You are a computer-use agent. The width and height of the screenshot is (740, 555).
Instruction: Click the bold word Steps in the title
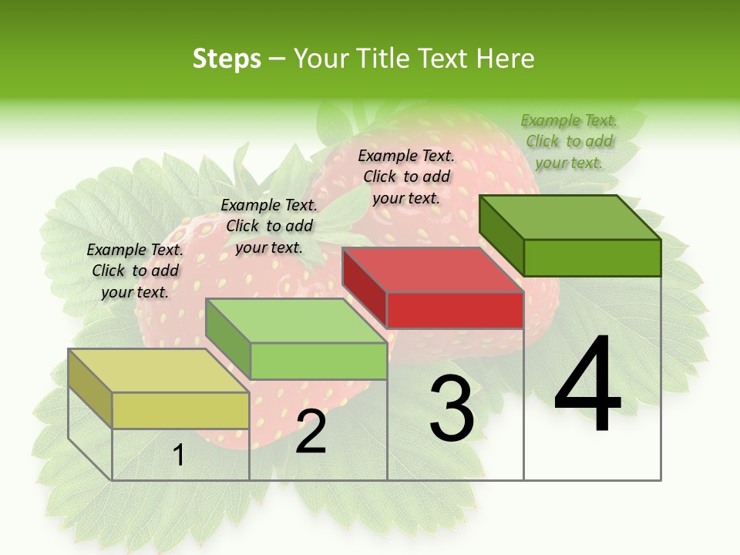point(226,59)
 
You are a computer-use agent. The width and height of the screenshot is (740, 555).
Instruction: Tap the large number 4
point(587,386)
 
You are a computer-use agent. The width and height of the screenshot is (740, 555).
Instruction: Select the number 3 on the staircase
point(451,409)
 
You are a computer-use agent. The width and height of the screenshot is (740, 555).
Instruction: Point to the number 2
point(311,432)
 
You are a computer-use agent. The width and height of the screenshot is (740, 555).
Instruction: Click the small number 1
point(178,455)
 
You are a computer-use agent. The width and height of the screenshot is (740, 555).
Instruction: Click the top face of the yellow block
point(158,370)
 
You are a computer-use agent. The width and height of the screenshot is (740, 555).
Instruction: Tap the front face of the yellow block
point(180,410)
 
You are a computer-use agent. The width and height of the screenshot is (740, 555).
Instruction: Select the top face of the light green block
point(296,320)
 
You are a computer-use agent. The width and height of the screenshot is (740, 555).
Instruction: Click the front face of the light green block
point(318,361)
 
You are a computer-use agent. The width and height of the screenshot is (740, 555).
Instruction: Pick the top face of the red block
point(433,270)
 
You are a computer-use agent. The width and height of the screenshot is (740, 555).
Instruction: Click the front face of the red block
point(455,310)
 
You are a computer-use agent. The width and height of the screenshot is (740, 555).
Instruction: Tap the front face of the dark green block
point(592,257)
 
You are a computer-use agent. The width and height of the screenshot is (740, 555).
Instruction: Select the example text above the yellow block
point(135,271)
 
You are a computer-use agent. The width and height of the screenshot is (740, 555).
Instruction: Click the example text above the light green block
point(269,226)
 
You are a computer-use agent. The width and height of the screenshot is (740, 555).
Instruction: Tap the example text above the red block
point(406,177)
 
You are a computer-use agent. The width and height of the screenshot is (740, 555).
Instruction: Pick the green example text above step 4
point(569,141)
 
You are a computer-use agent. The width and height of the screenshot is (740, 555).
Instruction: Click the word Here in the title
point(506,59)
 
